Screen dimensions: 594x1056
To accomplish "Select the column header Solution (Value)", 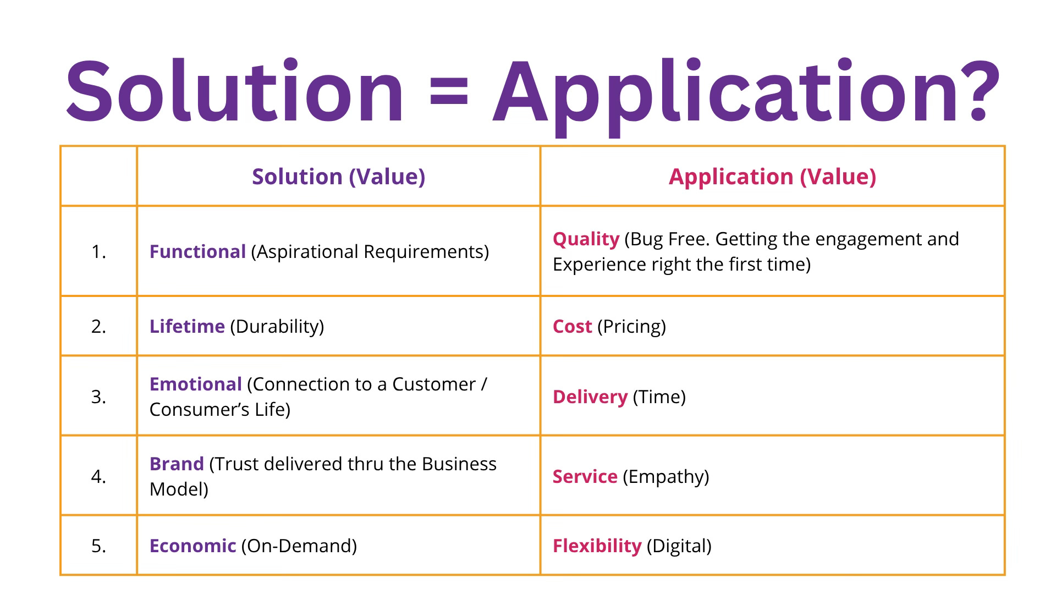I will (338, 177).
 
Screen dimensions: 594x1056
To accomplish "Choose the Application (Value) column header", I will (772, 177).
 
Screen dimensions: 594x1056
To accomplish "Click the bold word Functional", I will (197, 251).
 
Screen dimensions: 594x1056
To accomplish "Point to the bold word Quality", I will (586, 239).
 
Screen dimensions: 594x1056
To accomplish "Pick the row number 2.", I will (98, 326).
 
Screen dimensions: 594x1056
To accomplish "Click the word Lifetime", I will (187, 326).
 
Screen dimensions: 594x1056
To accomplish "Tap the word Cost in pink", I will (572, 326).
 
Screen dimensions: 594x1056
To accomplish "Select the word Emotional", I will (195, 384).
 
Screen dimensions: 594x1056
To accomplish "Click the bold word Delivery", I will (590, 397).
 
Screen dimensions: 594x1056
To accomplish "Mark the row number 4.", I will (98, 476).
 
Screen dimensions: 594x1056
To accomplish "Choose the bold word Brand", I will (177, 464).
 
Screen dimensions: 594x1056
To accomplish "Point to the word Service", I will (585, 476).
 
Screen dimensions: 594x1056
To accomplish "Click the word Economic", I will (193, 546).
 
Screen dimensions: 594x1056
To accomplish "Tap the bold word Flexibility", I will (597, 546).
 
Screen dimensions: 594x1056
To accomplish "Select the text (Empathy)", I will (665, 476).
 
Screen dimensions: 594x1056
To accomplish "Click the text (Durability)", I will (277, 326).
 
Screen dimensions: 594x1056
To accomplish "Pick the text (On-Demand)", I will (299, 546).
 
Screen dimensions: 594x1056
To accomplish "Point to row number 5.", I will (98, 546).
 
